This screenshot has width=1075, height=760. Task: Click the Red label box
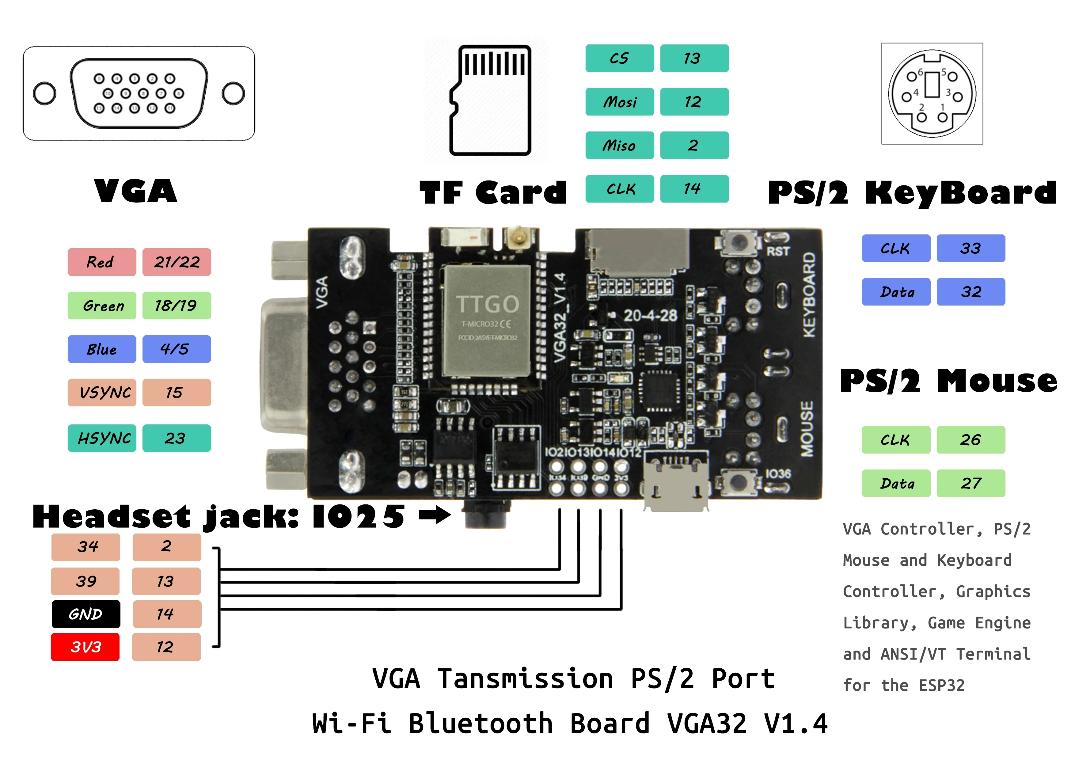click(102, 262)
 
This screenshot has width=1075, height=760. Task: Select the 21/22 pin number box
click(177, 262)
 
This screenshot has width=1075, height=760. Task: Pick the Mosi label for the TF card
click(619, 102)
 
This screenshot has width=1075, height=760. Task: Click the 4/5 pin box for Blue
click(177, 349)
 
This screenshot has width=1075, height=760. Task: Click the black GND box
click(86, 614)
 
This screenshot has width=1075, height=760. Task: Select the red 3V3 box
click(85, 647)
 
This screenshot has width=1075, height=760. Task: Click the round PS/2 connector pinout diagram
click(932, 94)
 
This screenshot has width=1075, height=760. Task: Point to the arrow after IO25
click(435, 515)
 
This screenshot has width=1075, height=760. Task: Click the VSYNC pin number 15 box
click(177, 392)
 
